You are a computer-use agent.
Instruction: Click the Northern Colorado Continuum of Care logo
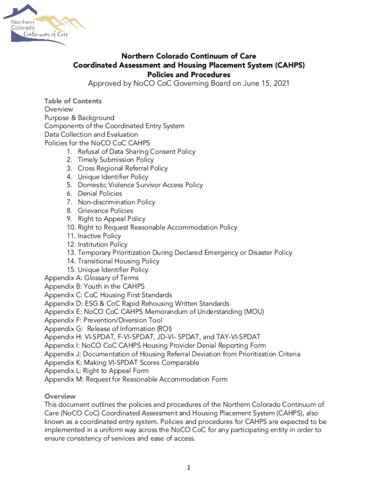coord(44,25)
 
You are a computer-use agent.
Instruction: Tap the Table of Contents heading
coord(73,101)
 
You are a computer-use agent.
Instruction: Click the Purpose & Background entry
coord(79,118)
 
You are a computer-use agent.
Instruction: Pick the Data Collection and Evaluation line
coord(91,135)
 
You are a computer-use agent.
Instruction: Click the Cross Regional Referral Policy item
coord(122,168)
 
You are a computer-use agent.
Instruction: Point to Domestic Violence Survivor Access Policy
coord(140,185)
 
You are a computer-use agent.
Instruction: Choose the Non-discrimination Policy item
coord(116,202)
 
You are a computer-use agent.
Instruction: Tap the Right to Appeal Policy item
coord(111,219)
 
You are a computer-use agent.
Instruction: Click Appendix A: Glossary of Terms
coord(91,278)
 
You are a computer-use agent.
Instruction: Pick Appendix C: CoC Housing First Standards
coord(108,295)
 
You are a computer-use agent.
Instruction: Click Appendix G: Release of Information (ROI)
coord(108,329)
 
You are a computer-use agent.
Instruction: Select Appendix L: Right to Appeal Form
coord(96,371)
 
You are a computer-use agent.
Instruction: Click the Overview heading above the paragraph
coord(60,396)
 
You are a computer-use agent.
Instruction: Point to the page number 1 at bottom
coord(188,468)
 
